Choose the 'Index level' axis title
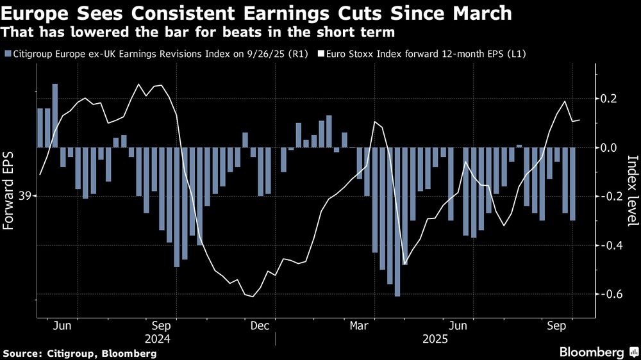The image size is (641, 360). [632, 191]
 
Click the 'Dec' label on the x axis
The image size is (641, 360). [260, 325]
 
